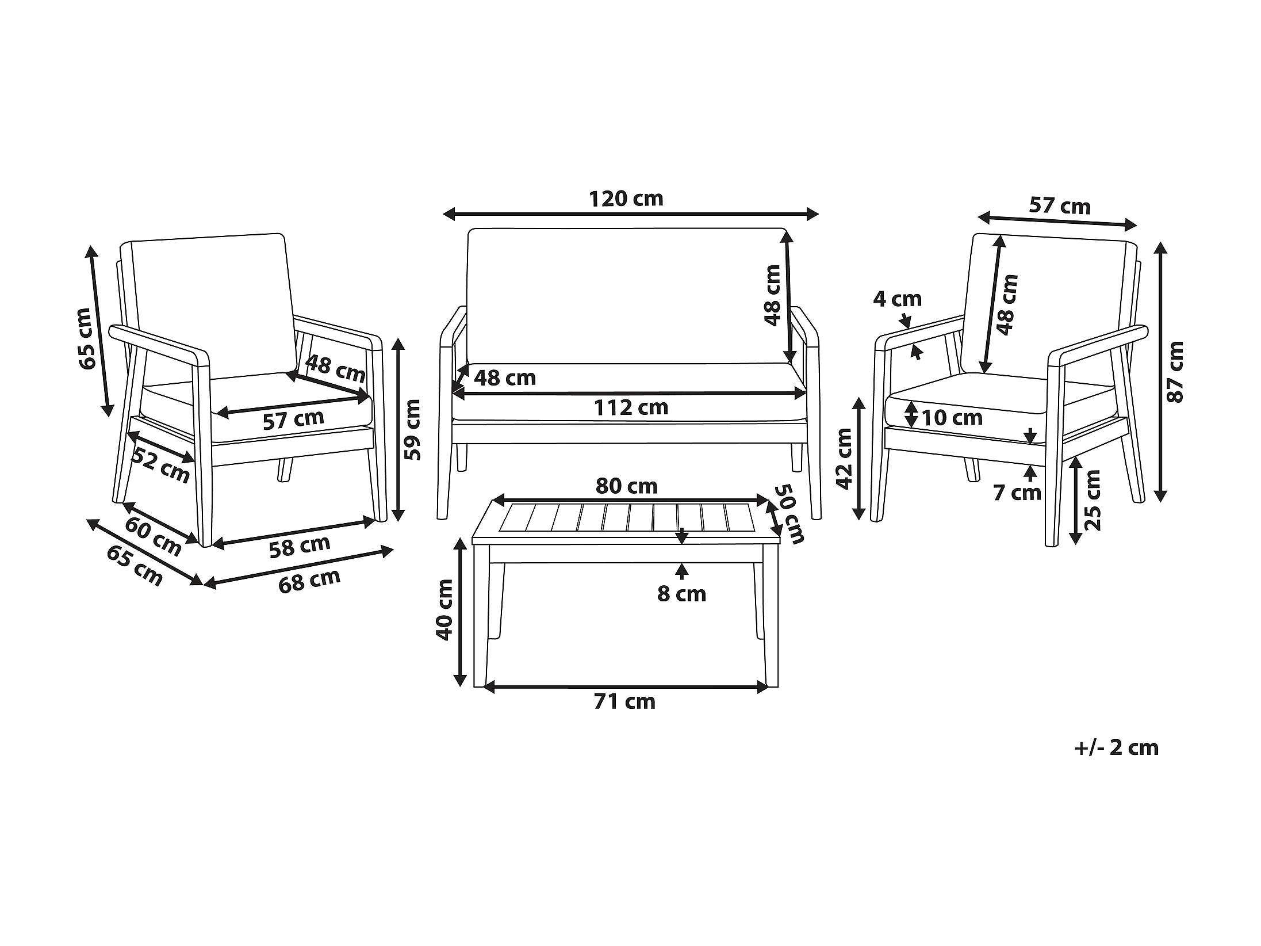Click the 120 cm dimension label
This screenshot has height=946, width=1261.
click(626, 199)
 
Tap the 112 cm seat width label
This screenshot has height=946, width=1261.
click(631, 408)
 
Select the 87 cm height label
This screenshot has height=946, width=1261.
click(1175, 372)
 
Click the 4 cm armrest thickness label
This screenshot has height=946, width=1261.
click(897, 299)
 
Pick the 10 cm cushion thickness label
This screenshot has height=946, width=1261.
click(952, 418)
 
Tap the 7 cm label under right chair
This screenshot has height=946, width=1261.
click(1017, 493)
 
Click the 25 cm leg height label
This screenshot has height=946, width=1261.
click(1091, 500)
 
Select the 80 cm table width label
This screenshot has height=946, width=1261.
click(626, 487)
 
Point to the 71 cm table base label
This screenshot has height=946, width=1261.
click(625, 702)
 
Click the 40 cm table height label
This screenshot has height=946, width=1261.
click(444, 609)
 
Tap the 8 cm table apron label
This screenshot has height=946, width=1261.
click(681, 594)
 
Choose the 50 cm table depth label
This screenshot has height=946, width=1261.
click(788, 514)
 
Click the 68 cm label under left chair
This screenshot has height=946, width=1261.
click(309, 580)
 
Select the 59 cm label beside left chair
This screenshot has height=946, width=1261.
click(412, 429)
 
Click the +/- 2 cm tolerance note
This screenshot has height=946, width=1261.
click(1116, 747)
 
